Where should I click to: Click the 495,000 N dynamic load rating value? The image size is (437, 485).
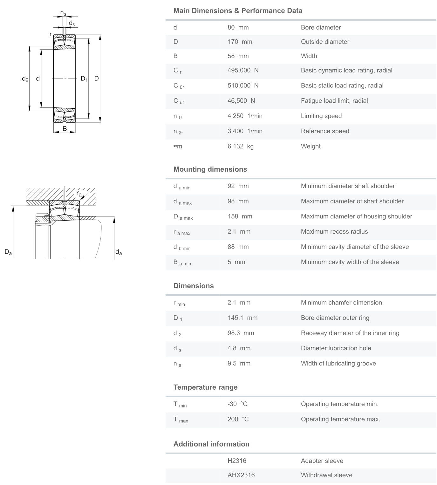[x=243, y=70]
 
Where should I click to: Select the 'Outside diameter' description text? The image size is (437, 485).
[x=325, y=42]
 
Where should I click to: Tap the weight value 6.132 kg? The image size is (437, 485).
[x=240, y=146]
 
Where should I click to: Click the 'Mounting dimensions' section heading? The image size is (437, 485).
[x=210, y=169]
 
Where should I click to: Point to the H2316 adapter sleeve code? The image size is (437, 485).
[x=237, y=461]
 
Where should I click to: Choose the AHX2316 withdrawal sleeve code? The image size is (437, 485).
[x=241, y=475]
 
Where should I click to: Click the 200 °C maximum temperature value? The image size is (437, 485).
[x=238, y=419]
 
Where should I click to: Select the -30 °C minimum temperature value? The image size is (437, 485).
[x=237, y=404]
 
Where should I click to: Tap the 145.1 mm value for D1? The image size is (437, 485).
[x=242, y=318]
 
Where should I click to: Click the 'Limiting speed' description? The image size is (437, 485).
[x=321, y=116]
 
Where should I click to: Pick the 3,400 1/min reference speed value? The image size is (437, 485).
[x=245, y=131]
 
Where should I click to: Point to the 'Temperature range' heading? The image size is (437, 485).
[x=205, y=387]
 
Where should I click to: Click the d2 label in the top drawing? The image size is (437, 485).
[x=25, y=79]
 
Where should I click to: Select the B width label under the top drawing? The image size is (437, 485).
[x=65, y=129]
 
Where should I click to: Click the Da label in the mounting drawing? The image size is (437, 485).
[x=8, y=252]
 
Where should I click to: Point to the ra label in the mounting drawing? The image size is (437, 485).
[x=79, y=194]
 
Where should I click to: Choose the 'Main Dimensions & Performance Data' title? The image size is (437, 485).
[x=238, y=11]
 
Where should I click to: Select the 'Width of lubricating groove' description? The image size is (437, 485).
[x=338, y=363]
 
